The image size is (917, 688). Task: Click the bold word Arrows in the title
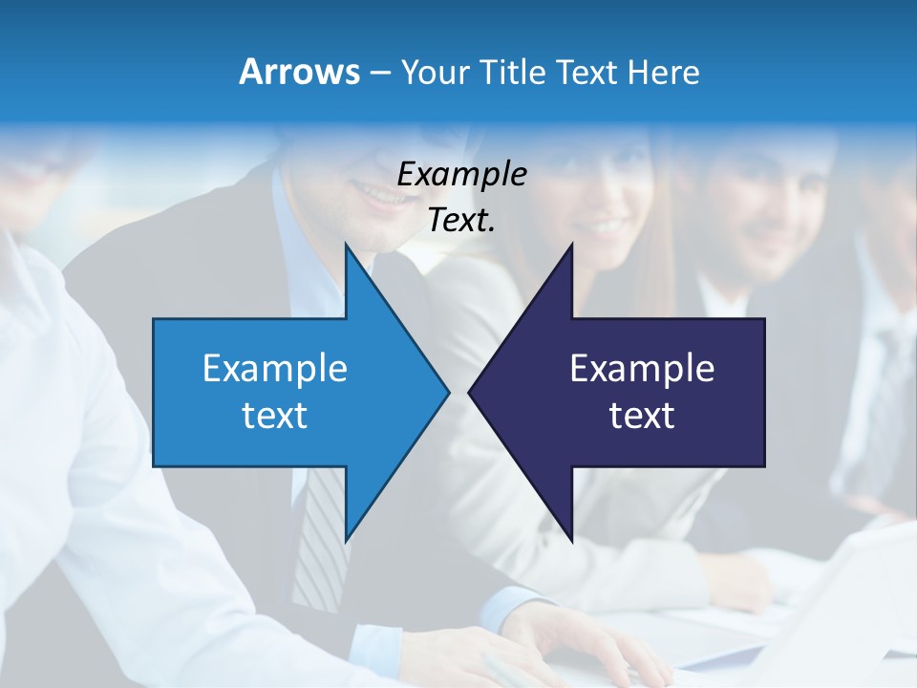coord(298,72)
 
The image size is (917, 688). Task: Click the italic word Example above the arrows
coord(461,175)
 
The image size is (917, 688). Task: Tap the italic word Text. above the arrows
coord(461,220)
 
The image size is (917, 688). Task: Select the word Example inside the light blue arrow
coord(275,369)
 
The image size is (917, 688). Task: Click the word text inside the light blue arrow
coord(275,416)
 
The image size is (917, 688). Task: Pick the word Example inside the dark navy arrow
coord(642,369)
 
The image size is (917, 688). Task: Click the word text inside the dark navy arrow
coord(642,416)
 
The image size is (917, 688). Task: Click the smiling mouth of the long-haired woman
coord(607,227)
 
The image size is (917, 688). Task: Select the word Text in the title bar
coord(586,73)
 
